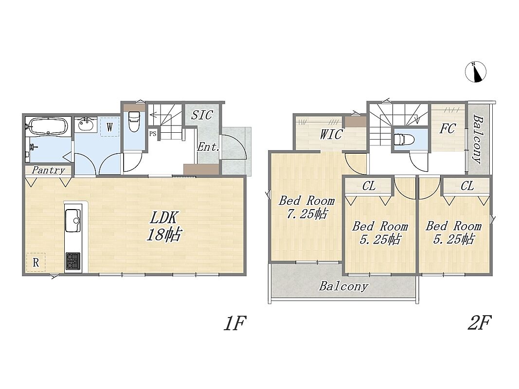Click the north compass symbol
[476, 72]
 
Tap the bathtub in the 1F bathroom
[48, 126]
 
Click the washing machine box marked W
[109, 127]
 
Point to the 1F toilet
[134, 121]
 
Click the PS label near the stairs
[153, 134]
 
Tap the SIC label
[202, 115]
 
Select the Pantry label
[48, 170]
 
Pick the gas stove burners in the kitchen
[73, 261]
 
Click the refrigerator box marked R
[36, 262]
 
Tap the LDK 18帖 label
[163, 226]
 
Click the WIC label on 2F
[331, 134]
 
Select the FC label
[447, 129]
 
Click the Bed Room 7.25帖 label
[307, 208]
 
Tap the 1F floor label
[234, 323]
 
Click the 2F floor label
[479, 322]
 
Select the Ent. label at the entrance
[209, 147]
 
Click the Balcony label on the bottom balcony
[343, 286]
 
